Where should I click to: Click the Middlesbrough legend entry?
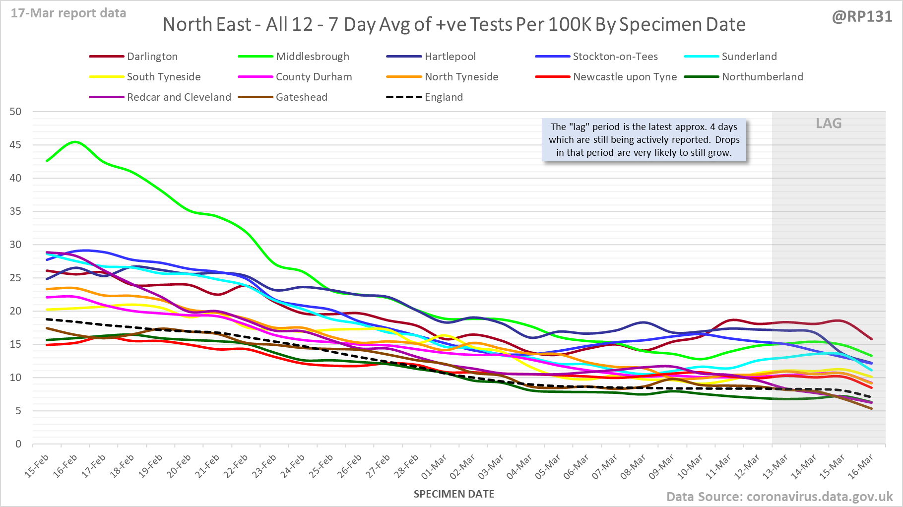point(312,57)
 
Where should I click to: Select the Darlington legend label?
point(152,57)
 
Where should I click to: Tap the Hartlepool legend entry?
point(450,57)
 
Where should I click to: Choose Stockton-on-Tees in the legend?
point(615,57)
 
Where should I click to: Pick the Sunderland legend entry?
point(749,57)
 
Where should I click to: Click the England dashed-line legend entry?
point(443,97)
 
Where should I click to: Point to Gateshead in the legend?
point(301,97)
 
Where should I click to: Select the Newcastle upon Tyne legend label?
point(625,77)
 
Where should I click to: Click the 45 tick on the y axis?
point(16,145)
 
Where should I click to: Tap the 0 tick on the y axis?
point(18,444)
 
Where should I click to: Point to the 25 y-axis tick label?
point(16,278)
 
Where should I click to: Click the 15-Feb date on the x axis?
point(37,466)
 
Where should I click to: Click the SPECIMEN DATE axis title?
point(454,494)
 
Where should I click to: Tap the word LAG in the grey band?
point(829,124)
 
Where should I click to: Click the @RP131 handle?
point(862,17)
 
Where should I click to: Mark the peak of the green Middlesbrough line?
point(75,142)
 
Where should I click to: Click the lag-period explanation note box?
point(644,140)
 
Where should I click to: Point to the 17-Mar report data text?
point(68,13)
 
